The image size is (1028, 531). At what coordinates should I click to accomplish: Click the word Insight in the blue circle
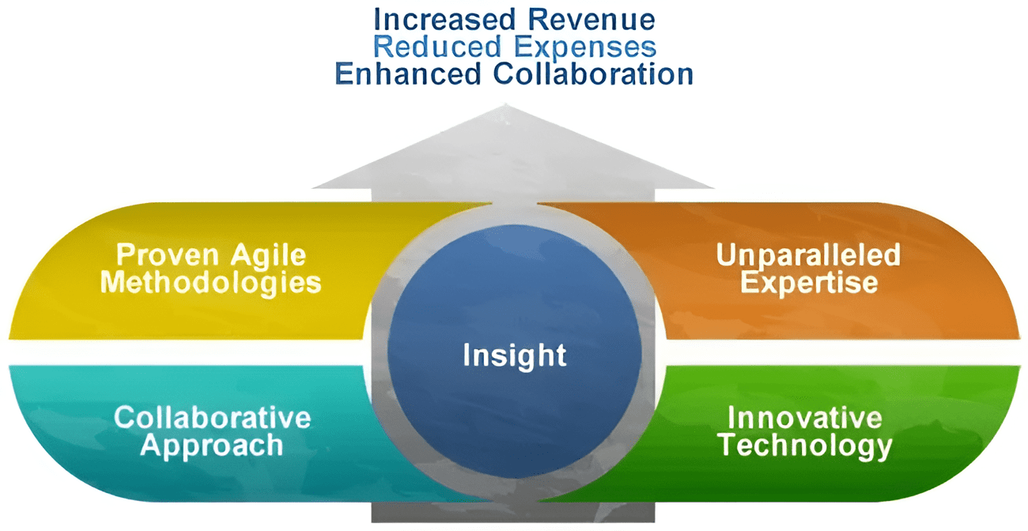(x=515, y=355)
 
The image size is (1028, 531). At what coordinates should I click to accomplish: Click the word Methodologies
(x=210, y=282)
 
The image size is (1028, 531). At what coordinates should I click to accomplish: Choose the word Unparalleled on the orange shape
(x=808, y=255)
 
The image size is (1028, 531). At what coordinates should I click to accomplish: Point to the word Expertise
(x=808, y=282)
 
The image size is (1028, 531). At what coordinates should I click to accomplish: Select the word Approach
(x=211, y=445)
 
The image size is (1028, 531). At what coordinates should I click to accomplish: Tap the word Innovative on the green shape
(x=804, y=417)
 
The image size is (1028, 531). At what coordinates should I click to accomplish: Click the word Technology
(x=804, y=446)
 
